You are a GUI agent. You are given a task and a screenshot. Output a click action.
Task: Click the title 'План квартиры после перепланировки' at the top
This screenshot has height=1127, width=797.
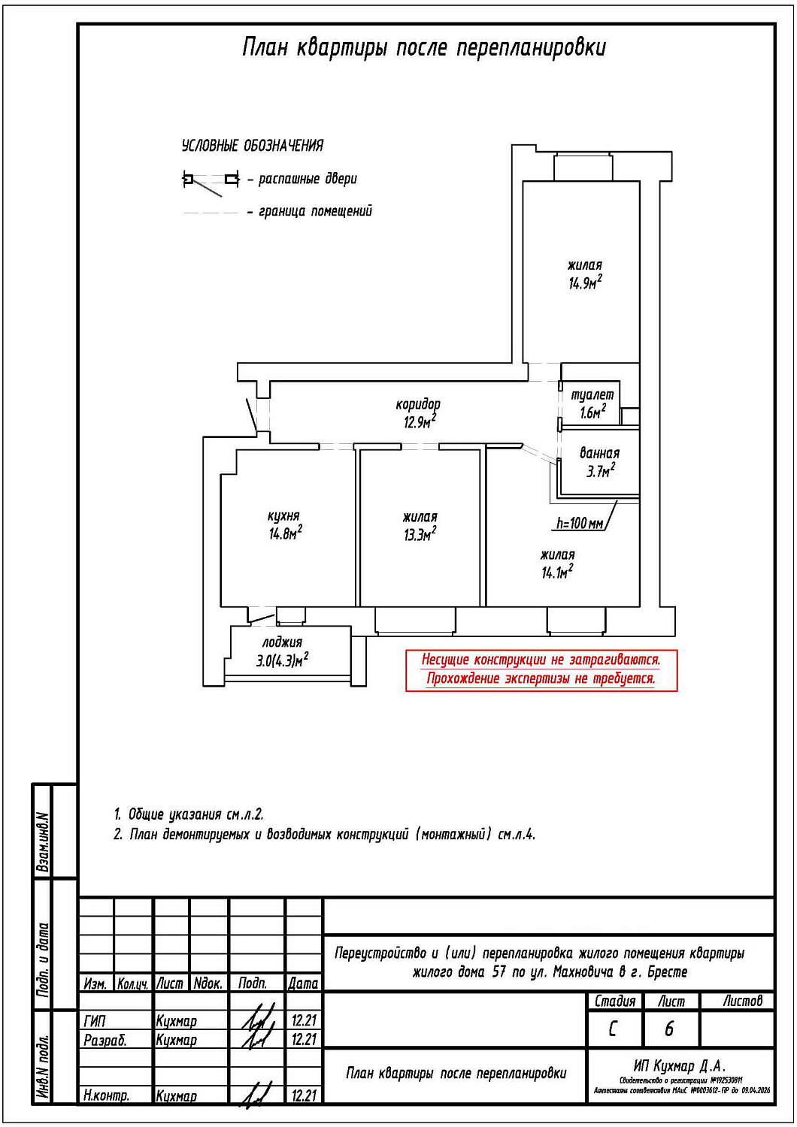423,48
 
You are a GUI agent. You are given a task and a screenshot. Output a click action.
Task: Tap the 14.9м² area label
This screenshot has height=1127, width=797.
585,283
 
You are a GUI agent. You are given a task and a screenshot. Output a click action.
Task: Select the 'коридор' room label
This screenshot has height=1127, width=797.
418,404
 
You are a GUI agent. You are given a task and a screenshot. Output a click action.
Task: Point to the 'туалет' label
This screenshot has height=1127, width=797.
592,394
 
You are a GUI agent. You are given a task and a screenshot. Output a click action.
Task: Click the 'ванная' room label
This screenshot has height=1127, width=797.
599,453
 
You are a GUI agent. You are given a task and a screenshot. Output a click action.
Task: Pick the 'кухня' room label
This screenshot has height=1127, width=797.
283,516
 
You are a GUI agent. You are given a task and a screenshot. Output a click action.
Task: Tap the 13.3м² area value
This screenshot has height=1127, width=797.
420,535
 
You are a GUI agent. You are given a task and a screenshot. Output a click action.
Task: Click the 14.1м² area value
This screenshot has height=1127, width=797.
557,573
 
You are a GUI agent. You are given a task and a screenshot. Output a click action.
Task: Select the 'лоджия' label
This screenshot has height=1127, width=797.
282,642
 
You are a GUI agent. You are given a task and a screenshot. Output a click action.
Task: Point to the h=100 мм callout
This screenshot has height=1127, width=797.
580,523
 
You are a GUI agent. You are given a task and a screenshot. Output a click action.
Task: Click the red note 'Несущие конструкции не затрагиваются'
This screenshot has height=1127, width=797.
541,660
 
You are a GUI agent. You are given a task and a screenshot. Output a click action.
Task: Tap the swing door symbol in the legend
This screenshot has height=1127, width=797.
211,180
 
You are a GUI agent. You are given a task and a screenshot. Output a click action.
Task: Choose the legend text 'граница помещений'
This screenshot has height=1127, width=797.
315,212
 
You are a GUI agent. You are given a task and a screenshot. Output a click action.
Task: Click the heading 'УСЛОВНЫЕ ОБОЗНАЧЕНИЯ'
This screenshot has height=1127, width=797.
253,146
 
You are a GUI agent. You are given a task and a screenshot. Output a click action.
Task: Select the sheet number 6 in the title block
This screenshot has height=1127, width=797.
669,1029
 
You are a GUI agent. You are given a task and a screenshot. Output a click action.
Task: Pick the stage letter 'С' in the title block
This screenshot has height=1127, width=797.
613,1029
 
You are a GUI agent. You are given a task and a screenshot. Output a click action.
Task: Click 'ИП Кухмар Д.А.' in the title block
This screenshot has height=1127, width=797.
679,1065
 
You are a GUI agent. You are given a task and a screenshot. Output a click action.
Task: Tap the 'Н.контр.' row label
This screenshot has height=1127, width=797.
106,1095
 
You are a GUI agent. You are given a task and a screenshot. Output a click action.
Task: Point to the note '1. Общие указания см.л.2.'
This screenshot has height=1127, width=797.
189,814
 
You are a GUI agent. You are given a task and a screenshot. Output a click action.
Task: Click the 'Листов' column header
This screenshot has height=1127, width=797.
742,1001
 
